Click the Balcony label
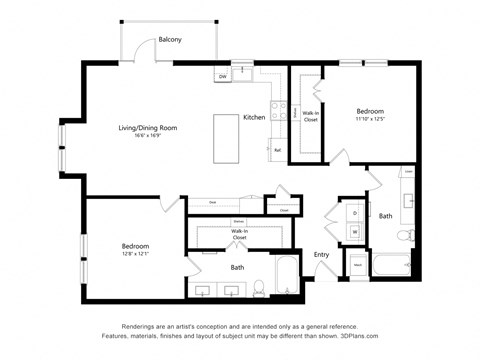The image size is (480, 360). [170, 40]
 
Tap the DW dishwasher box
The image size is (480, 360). [223, 76]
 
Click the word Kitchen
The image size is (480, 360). [254, 117]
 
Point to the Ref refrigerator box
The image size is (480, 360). [277, 150]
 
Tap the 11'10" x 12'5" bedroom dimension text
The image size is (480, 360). [370, 120]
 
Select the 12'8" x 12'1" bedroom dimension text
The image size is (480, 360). [136, 252]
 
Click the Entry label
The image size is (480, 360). [321, 254]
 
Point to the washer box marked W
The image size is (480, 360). [355, 230]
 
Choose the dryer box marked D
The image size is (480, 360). [355, 212]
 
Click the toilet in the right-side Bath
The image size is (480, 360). [405, 236]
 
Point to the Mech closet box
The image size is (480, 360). [356, 265]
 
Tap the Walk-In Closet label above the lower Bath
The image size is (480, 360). [239, 235]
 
